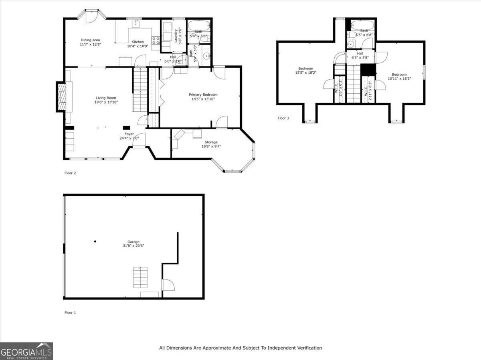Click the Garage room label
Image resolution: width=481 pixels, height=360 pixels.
(x=133, y=241)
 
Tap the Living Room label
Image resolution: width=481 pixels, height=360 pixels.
(x=106, y=98)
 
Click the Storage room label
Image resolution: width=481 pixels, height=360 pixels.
(x=211, y=142)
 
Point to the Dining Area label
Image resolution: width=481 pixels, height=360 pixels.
(x=90, y=40)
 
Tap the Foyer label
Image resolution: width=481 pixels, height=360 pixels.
(x=129, y=134)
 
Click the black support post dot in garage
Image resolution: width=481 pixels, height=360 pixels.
(x=95, y=241)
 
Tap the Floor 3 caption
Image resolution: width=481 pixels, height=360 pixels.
(x=283, y=118)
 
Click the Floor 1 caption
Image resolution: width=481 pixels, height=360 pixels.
(x=70, y=312)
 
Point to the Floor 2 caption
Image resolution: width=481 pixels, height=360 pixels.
(x=70, y=173)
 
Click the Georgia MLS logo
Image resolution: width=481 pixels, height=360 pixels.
(x=26, y=351)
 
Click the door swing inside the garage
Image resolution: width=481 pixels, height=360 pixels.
(x=168, y=285)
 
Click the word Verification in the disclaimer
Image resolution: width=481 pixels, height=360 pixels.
(x=309, y=348)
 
